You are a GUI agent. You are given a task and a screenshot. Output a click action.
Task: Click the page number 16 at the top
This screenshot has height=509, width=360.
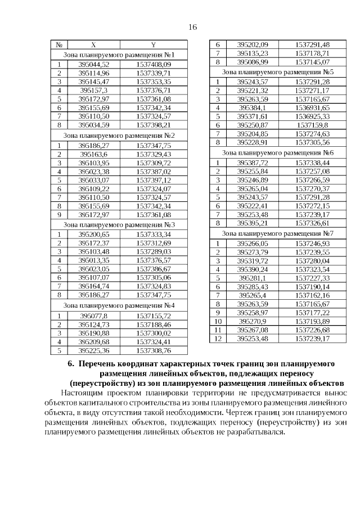[x=192, y=26]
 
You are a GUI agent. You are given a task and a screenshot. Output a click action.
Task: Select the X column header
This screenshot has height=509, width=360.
[x=93, y=45]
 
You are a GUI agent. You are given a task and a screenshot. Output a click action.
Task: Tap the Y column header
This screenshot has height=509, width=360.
[x=154, y=45]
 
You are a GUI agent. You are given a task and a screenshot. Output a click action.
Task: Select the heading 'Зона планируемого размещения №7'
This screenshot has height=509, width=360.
[x=278, y=233]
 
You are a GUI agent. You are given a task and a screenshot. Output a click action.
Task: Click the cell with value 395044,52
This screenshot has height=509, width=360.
[x=93, y=65]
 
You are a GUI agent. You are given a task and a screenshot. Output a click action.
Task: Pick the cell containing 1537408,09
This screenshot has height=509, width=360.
[x=154, y=65]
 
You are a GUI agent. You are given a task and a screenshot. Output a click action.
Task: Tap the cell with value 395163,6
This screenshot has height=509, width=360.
[x=93, y=154]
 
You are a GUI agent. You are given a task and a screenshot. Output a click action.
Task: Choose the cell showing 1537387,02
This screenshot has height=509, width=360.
[x=154, y=172]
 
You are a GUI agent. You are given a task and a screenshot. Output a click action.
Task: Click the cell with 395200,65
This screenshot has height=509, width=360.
[x=93, y=234]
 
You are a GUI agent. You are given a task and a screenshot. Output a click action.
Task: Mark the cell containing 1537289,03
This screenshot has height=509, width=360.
[x=154, y=251]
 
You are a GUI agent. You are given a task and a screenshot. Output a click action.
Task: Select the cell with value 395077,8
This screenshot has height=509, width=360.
[x=93, y=316]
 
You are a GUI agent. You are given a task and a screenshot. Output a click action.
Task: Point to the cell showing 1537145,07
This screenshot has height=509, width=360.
[x=312, y=62]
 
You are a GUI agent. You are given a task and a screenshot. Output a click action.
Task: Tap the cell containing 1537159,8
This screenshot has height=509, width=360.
[x=312, y=125]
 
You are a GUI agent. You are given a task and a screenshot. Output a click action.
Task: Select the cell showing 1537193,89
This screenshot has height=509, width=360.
[x=312, y=321]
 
